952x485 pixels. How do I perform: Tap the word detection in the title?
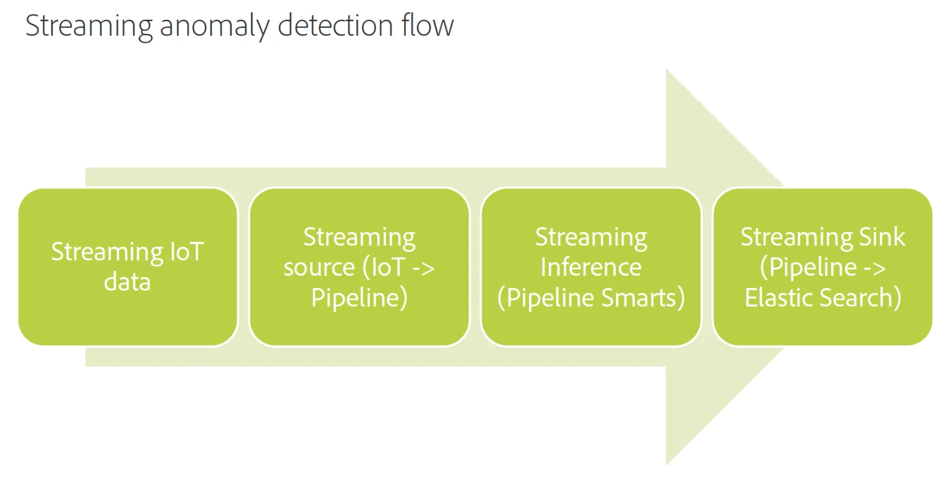click(x=335, y=26)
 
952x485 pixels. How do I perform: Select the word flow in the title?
click(x=426, y=26)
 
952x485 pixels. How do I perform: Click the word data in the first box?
click(x=127, y=281)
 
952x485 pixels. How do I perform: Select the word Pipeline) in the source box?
click(x=359, y=298)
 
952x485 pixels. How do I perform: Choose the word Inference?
click(x=590, y=268)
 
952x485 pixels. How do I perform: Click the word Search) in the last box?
click(x=864, y=298)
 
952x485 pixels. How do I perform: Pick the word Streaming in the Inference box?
click(x=590, y=237)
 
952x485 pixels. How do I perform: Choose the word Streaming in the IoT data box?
click(x=98, y=252)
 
